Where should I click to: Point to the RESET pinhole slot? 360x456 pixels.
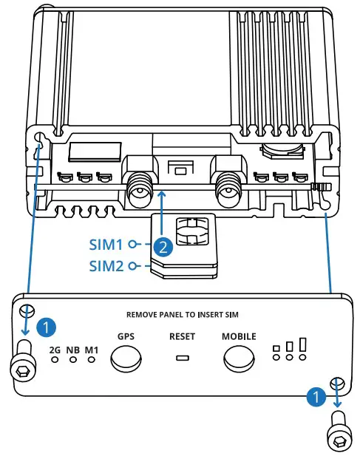[182, 359]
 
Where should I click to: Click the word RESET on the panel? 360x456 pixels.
[182, 336]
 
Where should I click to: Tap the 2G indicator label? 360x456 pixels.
[55, 349]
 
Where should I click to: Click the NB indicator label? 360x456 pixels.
[73, 349]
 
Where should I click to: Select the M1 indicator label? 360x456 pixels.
[91, 349]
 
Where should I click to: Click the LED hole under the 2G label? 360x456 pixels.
[55, 361]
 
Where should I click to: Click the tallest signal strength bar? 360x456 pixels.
[303, 344]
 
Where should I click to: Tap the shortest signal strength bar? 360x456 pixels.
[276, 348]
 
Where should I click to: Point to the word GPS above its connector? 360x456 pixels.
[125, 336]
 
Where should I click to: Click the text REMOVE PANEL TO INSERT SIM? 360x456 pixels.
[182, 314]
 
